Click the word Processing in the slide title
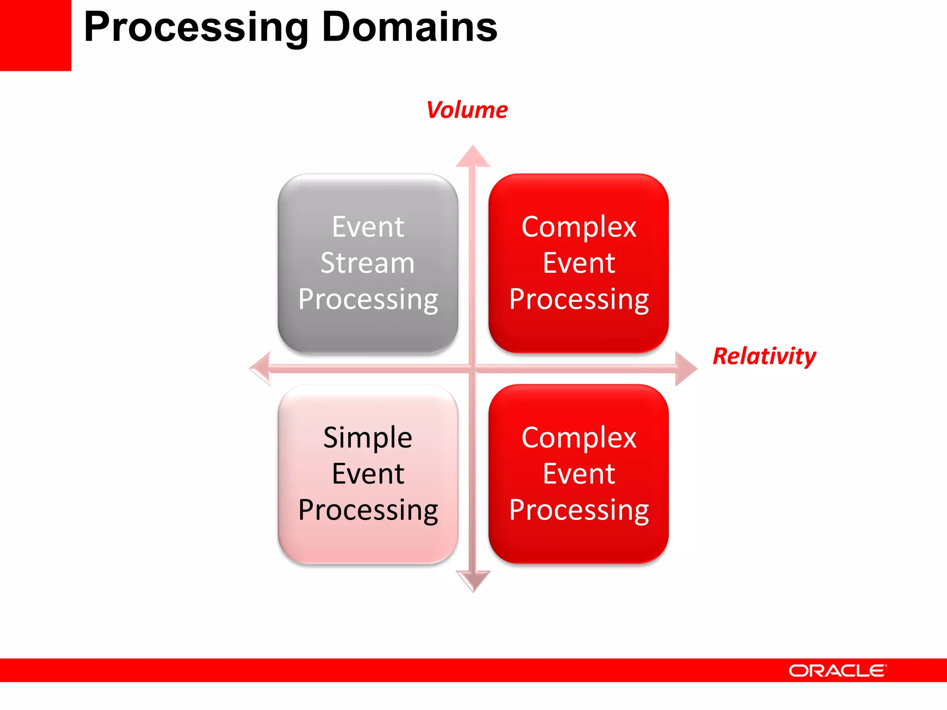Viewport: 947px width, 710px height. coord(196,28)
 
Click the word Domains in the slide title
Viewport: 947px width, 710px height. coord(410,28)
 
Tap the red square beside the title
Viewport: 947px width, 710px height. coord(35,35)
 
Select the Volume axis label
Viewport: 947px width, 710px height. coord(467,110)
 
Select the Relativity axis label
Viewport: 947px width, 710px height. coord(764,356)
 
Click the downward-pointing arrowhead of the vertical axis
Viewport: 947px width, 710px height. coord(473,581)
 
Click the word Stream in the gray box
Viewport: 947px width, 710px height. coord(368,263)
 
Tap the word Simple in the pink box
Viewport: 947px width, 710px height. coord(368,437)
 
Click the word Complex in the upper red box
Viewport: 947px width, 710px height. coord(579,227)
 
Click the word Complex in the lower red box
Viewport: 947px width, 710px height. coord(579,437)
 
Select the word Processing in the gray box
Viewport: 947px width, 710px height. coord(368,300)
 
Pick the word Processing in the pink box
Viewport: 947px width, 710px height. coord(368,510)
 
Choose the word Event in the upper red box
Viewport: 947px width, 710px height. coord(579,263)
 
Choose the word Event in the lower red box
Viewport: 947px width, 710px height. coord(579,474)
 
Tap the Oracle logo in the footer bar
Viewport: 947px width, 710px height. coord(837,671)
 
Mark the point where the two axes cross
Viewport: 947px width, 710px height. coord(473,368)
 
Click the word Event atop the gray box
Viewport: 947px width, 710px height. coord(368,227)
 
